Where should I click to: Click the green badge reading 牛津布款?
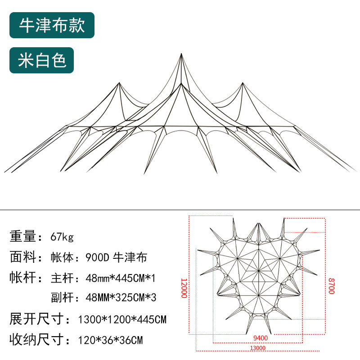52,25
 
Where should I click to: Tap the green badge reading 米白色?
42,60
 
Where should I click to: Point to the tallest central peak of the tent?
181,55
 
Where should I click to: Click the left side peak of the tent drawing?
119,84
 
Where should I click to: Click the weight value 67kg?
62,236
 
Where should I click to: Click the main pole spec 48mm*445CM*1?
120,278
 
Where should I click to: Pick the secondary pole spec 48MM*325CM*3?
120,298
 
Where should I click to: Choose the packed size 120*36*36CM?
111,340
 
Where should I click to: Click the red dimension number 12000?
184,288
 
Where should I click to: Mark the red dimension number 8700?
331,285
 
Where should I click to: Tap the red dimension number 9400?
260,338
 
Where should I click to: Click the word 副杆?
63,298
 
